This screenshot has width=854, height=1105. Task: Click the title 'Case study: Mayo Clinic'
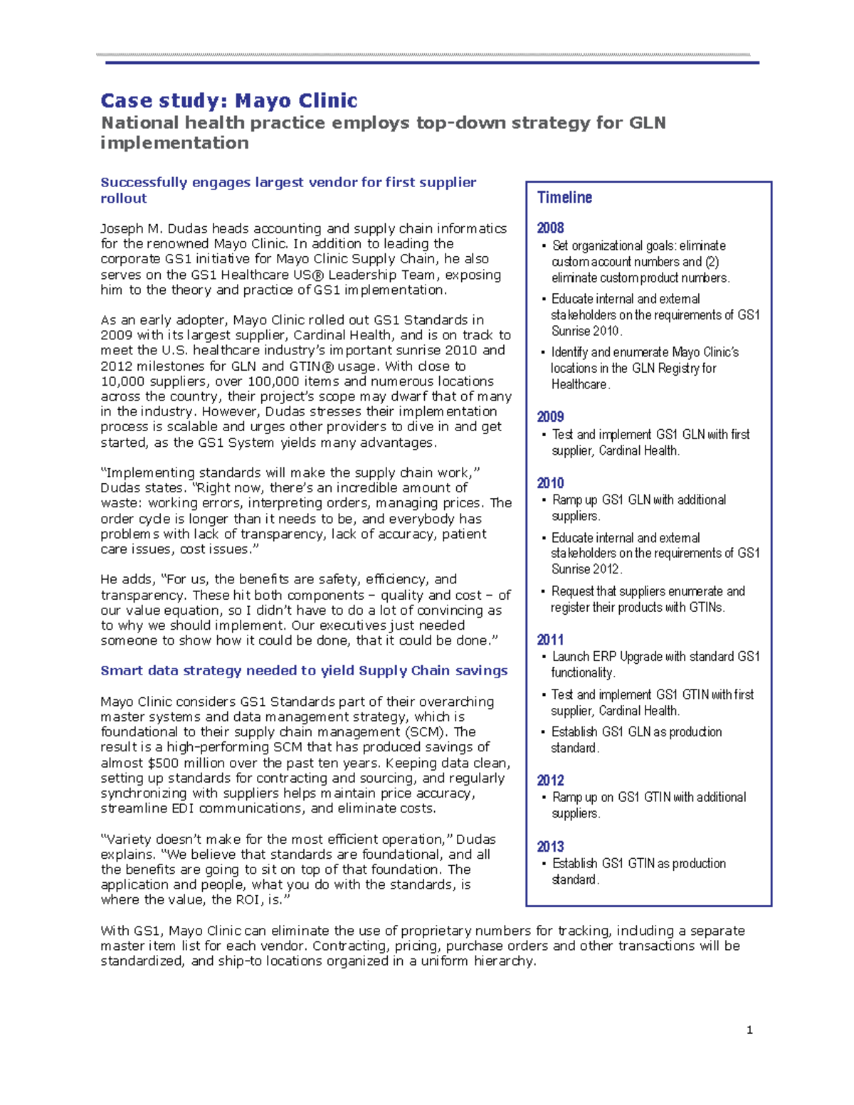pos(228,100)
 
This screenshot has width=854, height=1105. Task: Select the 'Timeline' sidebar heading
pos(564,198)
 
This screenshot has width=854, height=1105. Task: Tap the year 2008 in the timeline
pos(550,228)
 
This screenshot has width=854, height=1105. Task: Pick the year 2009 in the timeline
pos(550,417)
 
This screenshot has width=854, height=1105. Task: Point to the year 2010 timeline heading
pos(550,483)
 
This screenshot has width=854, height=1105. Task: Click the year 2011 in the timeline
pos(550,640)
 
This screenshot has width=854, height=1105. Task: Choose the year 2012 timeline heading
pos(550,781)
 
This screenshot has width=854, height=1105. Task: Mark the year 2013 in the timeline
pos(550,847)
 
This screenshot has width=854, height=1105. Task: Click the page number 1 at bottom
pos(749,1030)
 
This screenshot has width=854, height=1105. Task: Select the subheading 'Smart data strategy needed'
pos(304,671)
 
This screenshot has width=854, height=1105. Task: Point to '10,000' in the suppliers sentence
pos(122,381)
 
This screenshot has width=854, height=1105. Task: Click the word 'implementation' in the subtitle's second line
pos(174,143)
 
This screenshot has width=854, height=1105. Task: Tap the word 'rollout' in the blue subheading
pos(124,199)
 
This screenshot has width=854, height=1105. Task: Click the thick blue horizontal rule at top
pos(432,63)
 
